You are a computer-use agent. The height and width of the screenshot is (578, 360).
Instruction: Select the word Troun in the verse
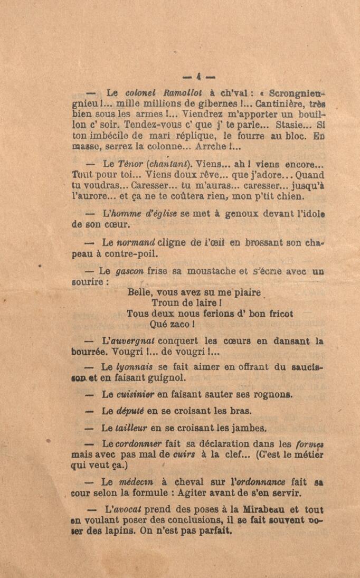(167, 303)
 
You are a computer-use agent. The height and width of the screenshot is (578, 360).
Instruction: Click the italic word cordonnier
(138, 444)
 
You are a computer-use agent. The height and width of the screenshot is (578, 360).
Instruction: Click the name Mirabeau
(247, 510)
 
